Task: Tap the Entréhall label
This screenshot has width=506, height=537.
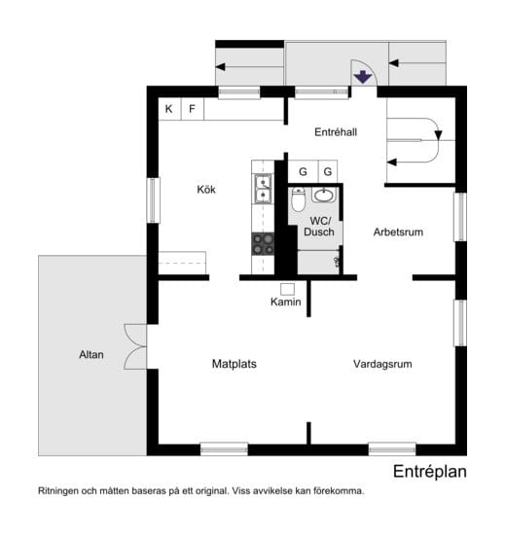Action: click(337, 132)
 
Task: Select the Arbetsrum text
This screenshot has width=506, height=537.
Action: click(399, 233)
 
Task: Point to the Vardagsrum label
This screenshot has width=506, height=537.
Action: click(382, 364)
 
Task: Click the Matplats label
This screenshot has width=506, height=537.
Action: click(234, 364)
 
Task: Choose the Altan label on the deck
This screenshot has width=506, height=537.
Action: click(91, 355)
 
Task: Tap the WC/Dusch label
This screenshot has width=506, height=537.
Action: click(318, 226)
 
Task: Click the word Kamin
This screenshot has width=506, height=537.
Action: click(286, 303)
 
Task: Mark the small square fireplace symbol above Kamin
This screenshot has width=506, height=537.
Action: click(287, 288)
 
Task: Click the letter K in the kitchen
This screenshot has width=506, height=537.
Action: click(168, 109)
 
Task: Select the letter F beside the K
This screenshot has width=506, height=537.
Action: click(192, 109)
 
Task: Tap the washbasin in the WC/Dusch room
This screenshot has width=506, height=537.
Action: click(323, 194)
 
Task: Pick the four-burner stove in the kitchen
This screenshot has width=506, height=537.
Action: click(263, 242)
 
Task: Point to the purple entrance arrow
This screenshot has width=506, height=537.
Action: click(362, 78)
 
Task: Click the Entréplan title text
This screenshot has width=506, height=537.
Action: click(430, 472)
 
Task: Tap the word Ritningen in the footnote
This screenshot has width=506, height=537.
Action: click(61, 491)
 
